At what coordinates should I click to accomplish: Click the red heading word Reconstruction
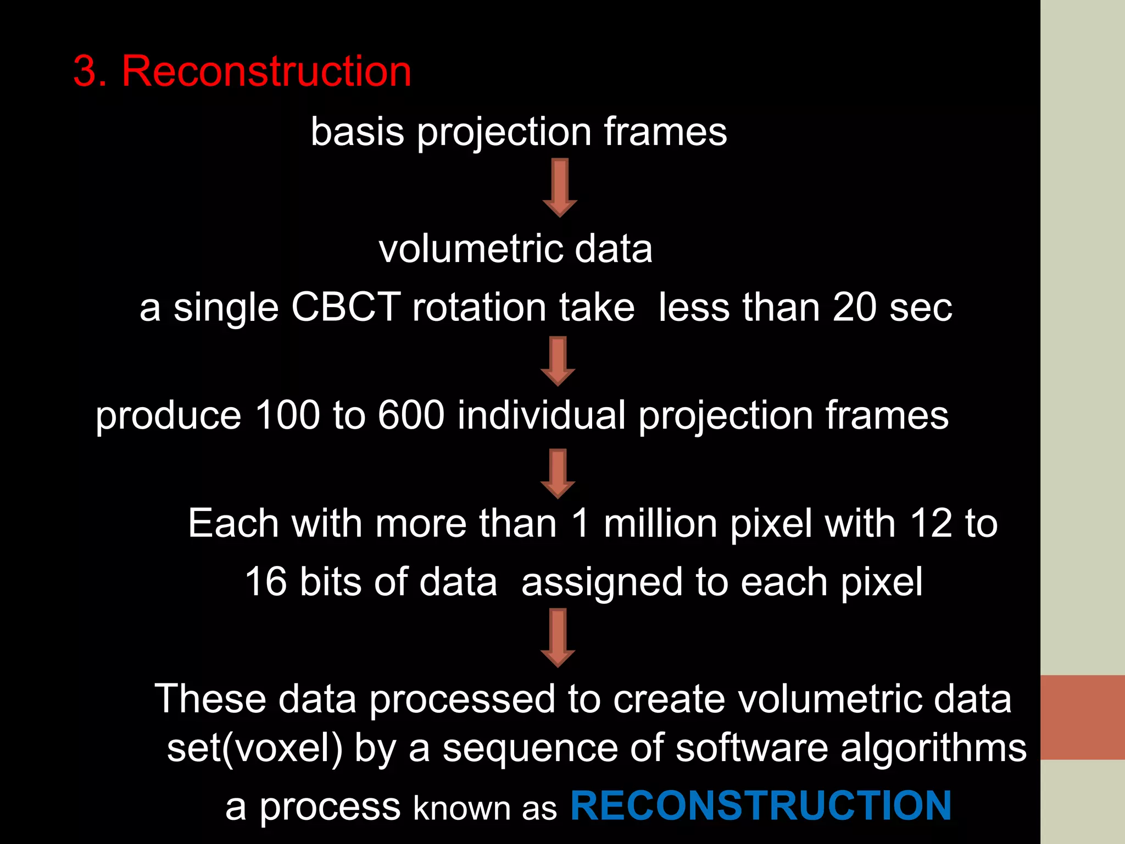tap(266, 71)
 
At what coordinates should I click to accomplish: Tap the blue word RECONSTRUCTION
tap(761, 806)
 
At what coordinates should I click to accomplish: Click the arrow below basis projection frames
tap(560, 187)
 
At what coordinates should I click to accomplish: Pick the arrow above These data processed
tap(558, 637)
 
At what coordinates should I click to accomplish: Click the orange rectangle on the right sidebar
tap(1082, 717)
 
